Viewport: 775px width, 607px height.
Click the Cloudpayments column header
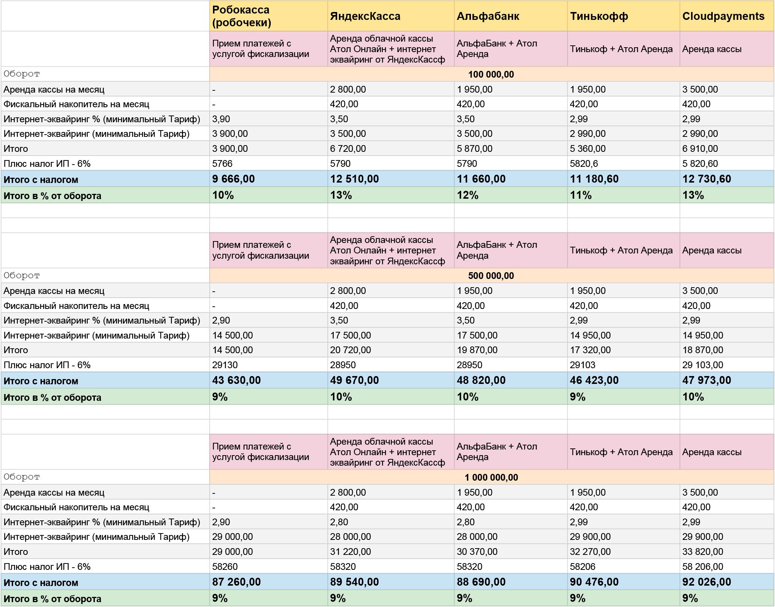[723, 16]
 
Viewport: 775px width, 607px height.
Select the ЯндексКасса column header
[365, 16]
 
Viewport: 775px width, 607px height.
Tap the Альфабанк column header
[488, 16]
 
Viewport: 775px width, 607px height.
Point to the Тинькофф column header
[599, 16]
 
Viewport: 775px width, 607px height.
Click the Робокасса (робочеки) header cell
[241, 16]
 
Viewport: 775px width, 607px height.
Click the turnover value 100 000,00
[491, 74]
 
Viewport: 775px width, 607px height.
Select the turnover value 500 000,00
[491, 276]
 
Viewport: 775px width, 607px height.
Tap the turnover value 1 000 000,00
[491, 477]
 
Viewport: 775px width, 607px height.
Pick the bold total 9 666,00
[233, 179]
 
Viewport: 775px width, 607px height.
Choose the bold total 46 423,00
[594, 380]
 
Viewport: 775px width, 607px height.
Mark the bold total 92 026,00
[706, 582]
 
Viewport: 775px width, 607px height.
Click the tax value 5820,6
[584, 163]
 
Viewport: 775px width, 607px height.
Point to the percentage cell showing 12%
[468, 195]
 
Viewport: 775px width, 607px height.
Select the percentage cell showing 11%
[581, 195]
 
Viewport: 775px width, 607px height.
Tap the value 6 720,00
[348, 148]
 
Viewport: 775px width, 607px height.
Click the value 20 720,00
[350, 350]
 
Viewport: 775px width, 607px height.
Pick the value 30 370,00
[477, 552]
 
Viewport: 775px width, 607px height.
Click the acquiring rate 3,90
[221, 119]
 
